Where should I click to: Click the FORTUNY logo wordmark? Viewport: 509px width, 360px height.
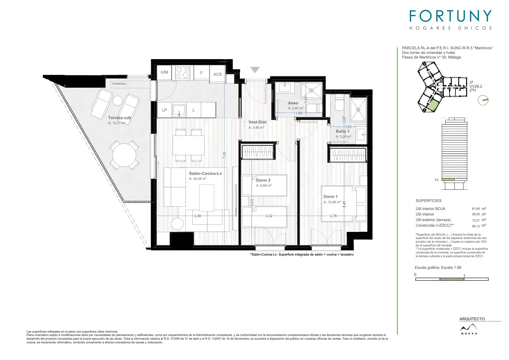coord(450,16)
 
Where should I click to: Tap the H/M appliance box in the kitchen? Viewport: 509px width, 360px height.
coord(164,72)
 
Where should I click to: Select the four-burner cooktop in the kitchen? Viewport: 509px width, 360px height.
coord(183,72)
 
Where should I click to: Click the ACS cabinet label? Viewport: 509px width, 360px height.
coord(217,74)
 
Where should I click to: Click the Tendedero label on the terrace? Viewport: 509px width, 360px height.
coord(119,84)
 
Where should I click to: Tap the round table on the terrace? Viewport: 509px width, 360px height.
coord(124,155)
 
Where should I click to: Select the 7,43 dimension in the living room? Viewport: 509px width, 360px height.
coord(224,155)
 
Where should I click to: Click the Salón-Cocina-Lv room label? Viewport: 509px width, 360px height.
coord(205,173)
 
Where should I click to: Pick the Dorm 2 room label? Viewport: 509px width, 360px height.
coord(263,180)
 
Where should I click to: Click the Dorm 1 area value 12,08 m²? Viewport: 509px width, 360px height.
coord(332,202)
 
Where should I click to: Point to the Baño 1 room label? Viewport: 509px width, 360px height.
coord(343,131)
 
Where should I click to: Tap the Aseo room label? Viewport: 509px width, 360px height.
coord(293,103)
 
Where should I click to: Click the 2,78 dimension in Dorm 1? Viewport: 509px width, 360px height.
coord(333,216)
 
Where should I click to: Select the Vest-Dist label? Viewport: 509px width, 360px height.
coord(257,122)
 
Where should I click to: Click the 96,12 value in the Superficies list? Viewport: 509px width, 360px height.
coord(476,226)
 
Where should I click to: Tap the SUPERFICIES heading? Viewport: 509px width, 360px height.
coord(429,201)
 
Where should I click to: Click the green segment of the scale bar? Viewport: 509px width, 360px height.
coord(452,279)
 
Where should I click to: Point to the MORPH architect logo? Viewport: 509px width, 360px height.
coord(469,329)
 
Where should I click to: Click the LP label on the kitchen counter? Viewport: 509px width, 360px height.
coord(164,110)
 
